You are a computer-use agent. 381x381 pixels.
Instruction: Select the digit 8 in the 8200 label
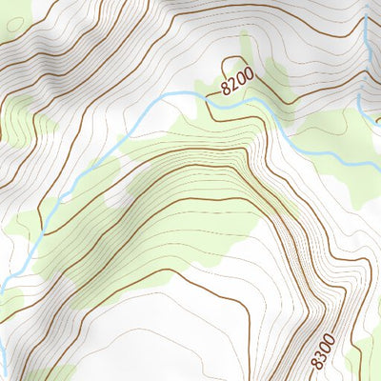pyautogui.click(x=224, y=91)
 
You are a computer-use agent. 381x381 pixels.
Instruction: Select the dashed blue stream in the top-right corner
pyautogui.click(x=368, y=29)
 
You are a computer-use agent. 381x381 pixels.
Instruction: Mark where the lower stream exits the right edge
pyautogui.click(x=378, y=163)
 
